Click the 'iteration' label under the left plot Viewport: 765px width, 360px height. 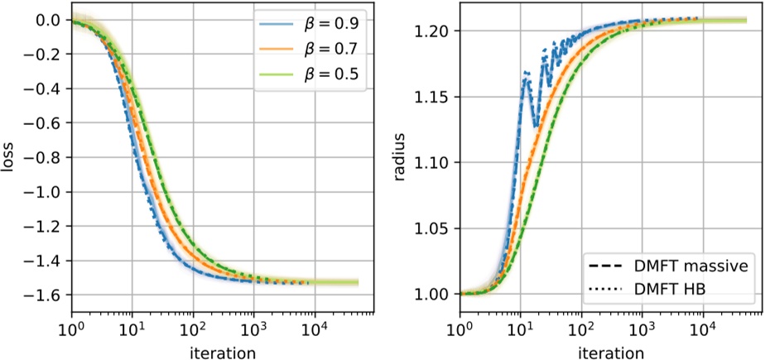tap(224, 352)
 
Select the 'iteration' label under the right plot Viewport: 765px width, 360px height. tap(611, 352)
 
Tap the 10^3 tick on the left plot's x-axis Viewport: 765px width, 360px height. tap(254, 329)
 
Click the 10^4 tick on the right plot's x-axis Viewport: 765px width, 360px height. tap(703, 329)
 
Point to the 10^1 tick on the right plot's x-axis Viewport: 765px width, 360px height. tap(520, 329)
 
